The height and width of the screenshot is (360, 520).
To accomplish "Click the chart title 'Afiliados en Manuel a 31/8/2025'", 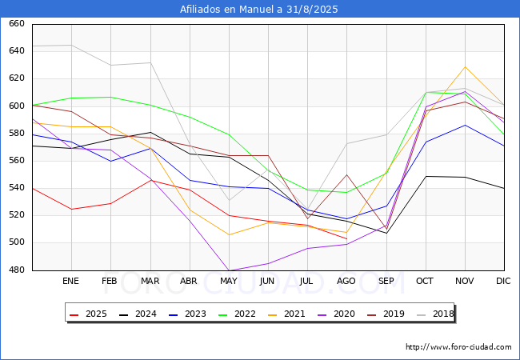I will pyautogui.click(x=259, y=10).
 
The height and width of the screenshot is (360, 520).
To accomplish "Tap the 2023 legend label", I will pyautogui.click(x=191, y=314).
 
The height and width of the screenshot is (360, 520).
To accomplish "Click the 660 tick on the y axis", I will pyautogui.click(x=17, y=24).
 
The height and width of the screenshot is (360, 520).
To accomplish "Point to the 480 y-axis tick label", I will pyautogui.click(x=17, y=270).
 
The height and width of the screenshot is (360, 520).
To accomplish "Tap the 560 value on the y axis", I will pyautogui.click(x=17, y=161).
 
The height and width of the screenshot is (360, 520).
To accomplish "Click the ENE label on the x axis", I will pyautogui.click(x=71, y=282).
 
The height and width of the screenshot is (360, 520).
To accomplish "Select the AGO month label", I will pyautogui.click(x=346, y=282).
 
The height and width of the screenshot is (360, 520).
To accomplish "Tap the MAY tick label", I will pyautogui.click(x=228, y=282).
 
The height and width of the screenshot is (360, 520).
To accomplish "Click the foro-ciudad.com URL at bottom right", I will pyautogui.click(x=458, y=347).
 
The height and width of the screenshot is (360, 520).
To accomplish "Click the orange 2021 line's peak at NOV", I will pyautogui.click(x=465, y=66).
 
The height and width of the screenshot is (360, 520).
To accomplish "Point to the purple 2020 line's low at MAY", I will pyautogui.click(x=228, y=270).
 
